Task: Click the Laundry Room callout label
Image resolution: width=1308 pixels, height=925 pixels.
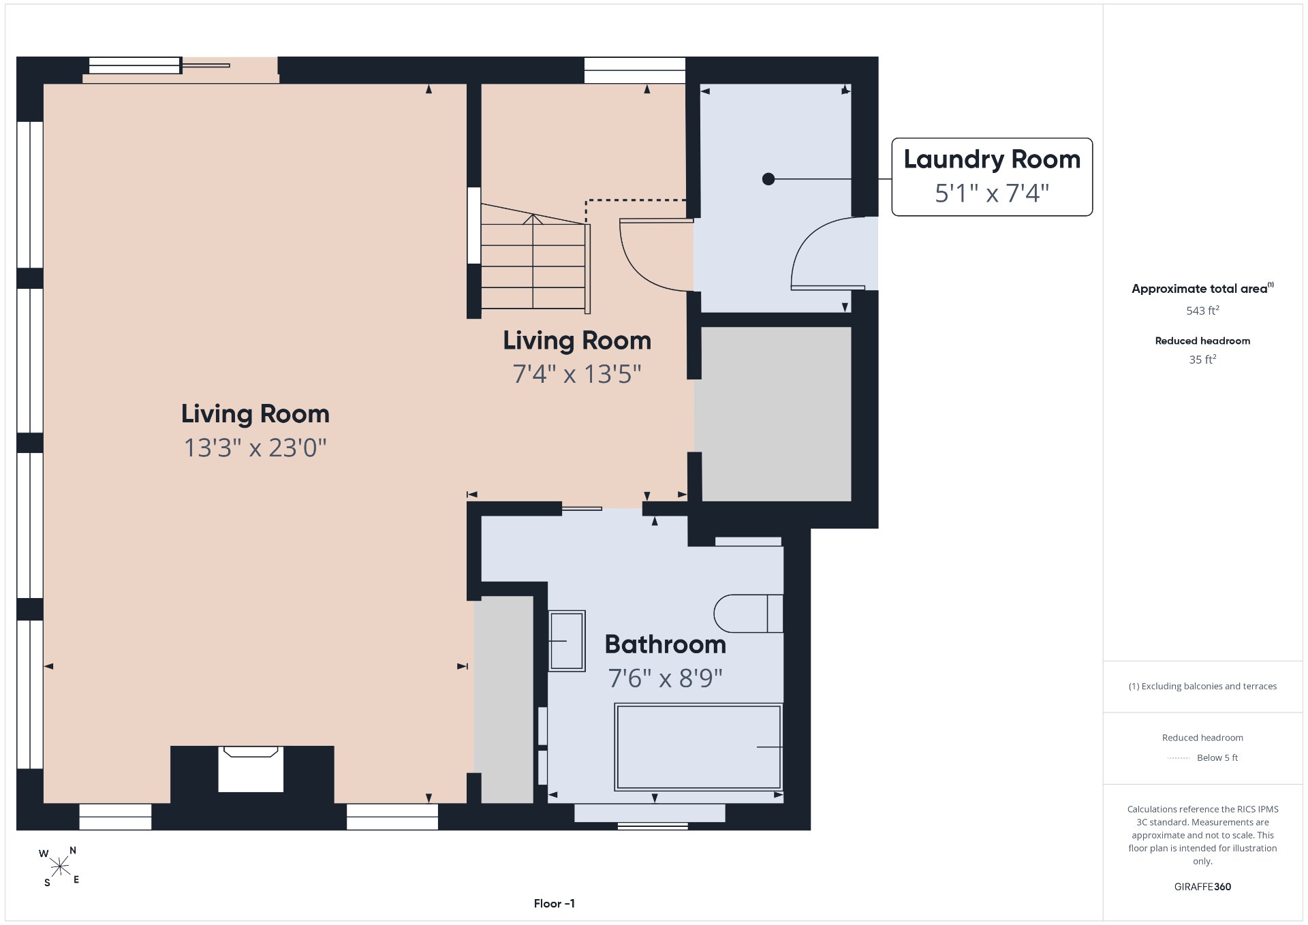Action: point(992,177)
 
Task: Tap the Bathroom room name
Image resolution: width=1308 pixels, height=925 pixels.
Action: point(666,644)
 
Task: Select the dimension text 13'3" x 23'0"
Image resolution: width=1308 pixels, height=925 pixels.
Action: point(255,448)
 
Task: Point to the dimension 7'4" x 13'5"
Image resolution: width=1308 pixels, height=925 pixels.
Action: point(577,374)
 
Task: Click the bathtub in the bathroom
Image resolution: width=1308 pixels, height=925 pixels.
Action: point(698,747)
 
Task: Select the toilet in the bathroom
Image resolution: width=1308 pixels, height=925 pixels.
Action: point(748,613)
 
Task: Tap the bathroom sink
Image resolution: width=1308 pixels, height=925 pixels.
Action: point(567,641)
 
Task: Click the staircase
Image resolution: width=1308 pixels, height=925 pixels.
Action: point(535,259)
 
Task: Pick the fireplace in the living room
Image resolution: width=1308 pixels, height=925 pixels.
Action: point(251,769)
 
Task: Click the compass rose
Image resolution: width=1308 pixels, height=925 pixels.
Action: point(60,866)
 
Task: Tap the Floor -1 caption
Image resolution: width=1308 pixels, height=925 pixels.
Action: point(555,903)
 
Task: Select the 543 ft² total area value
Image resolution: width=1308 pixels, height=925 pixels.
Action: point(1202,311)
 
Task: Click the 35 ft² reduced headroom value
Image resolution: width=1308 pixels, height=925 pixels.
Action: point(1202,360)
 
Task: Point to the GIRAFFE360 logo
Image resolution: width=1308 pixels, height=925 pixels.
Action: point(1202,887)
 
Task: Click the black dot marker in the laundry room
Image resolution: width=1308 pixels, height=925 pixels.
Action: point(768,179)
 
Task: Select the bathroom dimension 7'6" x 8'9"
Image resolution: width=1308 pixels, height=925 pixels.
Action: point(666,678)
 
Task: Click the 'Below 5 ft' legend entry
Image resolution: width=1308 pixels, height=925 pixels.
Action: point(1217,757)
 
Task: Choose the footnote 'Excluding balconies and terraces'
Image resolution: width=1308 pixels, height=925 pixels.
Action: point(1202,686)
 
